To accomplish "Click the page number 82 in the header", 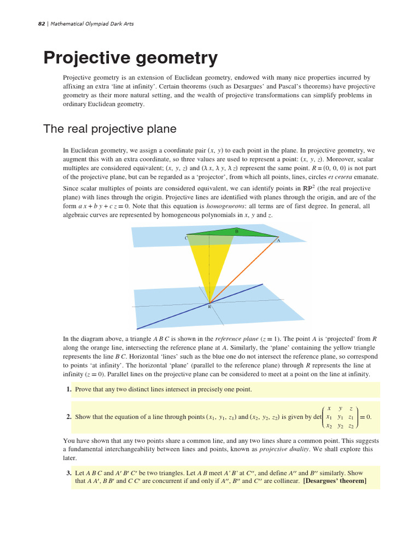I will [x=41, y=24].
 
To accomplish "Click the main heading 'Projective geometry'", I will [x=130, y=57].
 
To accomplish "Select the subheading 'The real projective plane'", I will [x=109, y=129].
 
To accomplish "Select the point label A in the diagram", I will [x=278, y=241].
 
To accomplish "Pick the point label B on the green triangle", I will [x=236, y=231].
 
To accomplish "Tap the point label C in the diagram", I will [x=186, y=238].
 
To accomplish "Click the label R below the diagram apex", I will [x=209, y=307].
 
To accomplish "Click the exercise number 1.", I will [x=69, y=389].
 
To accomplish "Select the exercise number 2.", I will [x=69, y=417].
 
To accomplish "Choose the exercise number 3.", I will [x=69, y=472].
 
